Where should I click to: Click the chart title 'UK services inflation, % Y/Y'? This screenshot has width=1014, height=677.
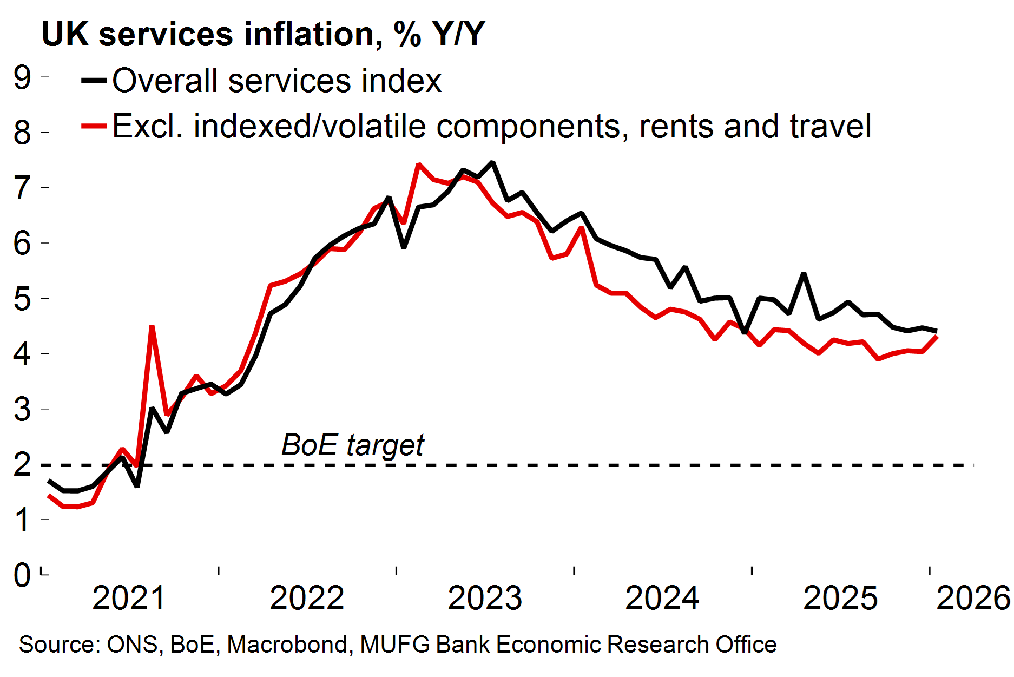click(x=263, y=34)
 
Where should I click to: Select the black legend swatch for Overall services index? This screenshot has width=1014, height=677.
click(x=94, y=80)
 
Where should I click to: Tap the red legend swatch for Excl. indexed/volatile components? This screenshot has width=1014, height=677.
click(x=94, y=126)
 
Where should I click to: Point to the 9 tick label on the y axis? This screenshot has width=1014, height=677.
click(x=23, y=77)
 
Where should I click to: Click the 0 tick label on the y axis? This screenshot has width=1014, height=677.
click(x=23, y=575)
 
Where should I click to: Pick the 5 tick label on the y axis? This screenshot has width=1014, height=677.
click(x=23, y=298)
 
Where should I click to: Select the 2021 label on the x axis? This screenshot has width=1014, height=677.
click(x=129, y=598)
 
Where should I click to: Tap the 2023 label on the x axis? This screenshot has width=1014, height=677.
click(x=485, y=598)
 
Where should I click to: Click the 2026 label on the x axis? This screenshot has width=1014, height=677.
click(x=973, y=598)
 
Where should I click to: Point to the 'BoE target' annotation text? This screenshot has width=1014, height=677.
click(x=353, y=445)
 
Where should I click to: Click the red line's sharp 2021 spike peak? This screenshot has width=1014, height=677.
click(x=152, y=326)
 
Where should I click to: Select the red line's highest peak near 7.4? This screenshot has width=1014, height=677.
click(x=418, y=164)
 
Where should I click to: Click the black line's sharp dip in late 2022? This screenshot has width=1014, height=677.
click(x=404, y=247)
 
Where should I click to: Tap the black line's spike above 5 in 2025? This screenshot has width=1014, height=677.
click(x=804, y=274)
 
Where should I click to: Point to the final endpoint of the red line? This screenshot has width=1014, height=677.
click(x=937, y=337)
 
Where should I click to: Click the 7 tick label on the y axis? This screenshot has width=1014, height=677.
click(x=23, y=188)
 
